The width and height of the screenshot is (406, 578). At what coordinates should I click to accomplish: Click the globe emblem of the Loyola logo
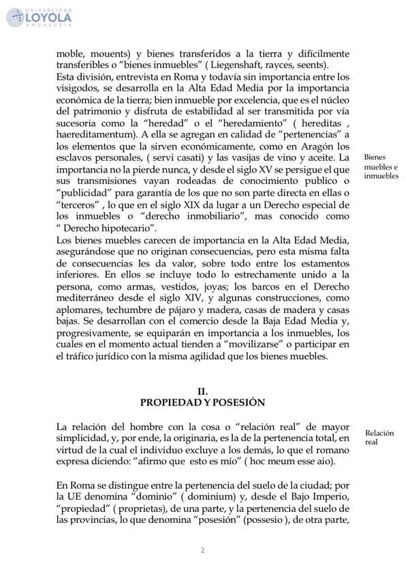tap(18, 16)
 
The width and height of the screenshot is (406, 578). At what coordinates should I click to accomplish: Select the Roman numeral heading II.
tap(202, 391)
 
